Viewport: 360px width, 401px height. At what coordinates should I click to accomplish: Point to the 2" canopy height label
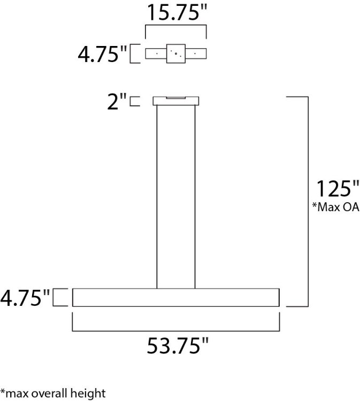117,101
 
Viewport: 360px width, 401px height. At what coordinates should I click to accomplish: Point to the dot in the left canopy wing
156,53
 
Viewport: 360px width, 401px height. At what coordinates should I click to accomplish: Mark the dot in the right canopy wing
196,53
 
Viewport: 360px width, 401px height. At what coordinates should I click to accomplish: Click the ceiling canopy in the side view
176,101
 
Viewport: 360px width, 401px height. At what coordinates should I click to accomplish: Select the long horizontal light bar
176,297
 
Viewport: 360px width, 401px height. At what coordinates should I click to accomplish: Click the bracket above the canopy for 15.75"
176,25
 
